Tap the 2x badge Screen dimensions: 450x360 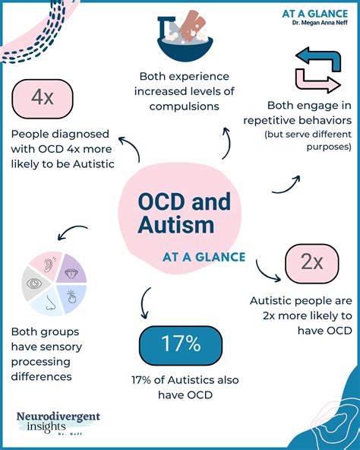pos(311,262)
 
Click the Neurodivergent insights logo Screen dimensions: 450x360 pos(58,421)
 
